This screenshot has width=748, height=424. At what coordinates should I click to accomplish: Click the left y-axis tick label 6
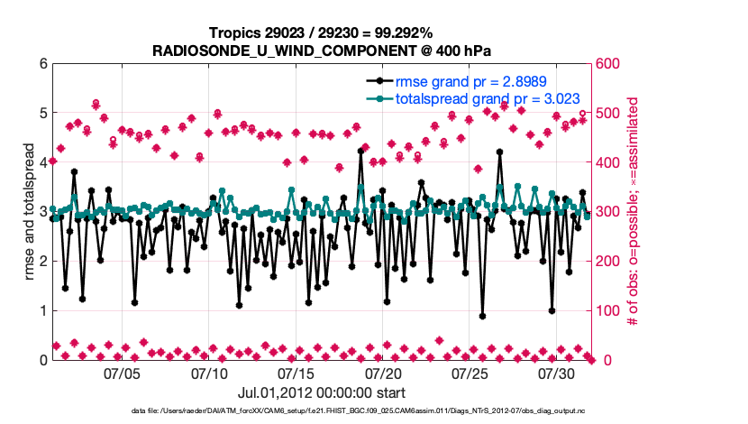coord(43,64)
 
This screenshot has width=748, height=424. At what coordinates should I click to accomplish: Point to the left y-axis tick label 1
coord(43,311)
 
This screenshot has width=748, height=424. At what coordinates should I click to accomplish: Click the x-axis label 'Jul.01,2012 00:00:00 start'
coord(322,392)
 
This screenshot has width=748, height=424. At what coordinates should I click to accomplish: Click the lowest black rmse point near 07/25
coord(483,317)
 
